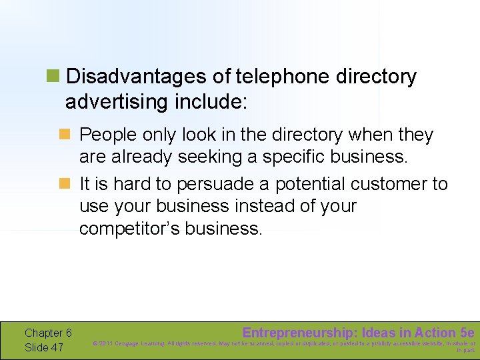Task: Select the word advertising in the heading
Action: pos(117,102)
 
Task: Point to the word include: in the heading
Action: pos(211,102)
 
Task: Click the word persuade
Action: pos(212,184)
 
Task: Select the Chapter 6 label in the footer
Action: pos(48,333)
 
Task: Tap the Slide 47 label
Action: pos(44,347)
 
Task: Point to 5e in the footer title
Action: pos(467,333)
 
